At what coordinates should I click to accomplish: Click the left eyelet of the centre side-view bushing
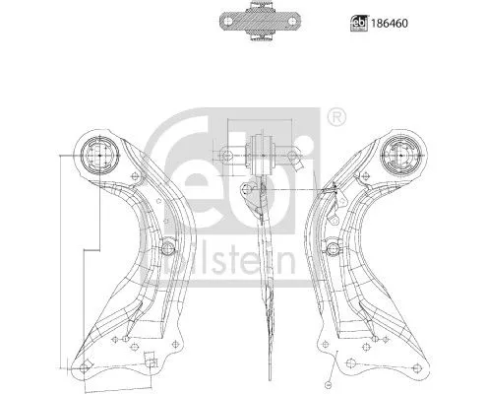coord(231,155)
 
